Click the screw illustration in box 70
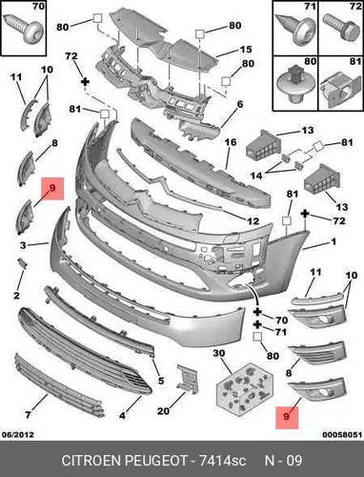tap(23, 29)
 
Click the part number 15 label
tap(246, 50)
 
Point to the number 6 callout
tap(240, 104)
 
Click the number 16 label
tap(231, 142)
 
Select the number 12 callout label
tap(253, 220)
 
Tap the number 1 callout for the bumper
tap(334, 242)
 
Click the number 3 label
tap(23, 245)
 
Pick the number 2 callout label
tap(16, 296)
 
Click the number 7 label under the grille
tap(28, 415)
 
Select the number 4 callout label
tap(122, 415)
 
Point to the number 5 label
tap(161, 380)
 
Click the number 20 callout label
tap(164, 411)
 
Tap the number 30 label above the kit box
tap(219, 353)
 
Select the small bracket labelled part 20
tap(188, 379)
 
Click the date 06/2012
tap(18, 434)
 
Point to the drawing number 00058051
tap(342, 435)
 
